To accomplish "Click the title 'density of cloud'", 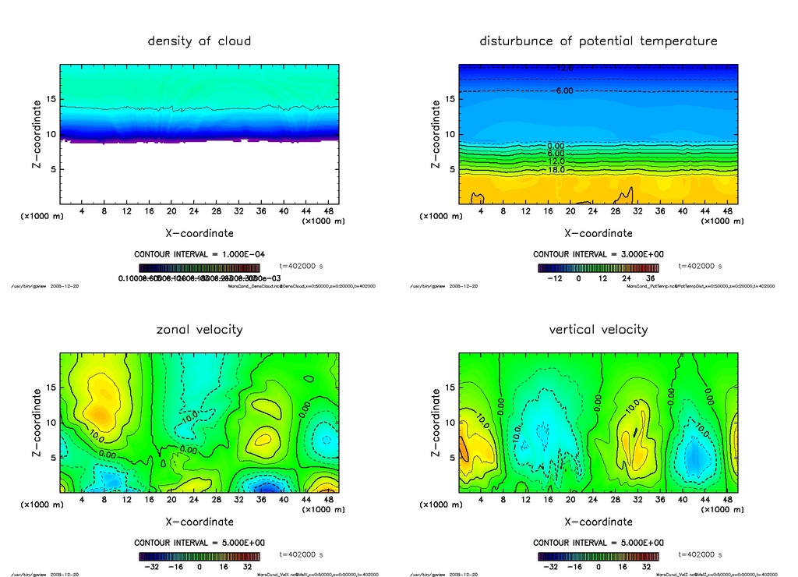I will pos(199,41).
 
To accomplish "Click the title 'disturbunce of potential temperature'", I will pos(598,41).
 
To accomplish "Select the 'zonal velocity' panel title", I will pos(199,329).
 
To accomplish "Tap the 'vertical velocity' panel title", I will pos(598,329).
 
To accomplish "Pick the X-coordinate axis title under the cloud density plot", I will pos(199,232).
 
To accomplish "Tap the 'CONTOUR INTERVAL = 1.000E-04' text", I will pos(199,254).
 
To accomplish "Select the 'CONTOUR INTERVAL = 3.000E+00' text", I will pos(598,254).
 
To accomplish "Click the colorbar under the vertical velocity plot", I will pos(598,557).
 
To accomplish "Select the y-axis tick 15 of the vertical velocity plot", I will pos(450,388).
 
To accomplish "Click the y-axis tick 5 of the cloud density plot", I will pos(51,169).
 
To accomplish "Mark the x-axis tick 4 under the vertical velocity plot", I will pos(481,499).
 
